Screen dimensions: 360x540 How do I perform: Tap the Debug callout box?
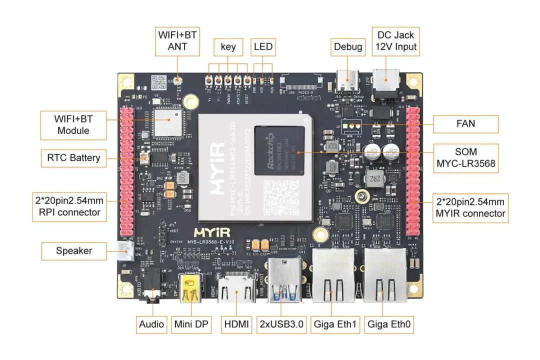click(347, 47)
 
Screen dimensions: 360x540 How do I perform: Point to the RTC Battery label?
click(73, 158)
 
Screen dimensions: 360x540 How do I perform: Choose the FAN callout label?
click(465, 124)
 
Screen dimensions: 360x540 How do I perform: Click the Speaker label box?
click(73, 250)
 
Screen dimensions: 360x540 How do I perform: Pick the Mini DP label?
click(191, 324)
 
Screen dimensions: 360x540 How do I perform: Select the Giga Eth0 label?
click(389, 324)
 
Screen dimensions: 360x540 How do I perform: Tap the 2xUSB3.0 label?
click(281, 324)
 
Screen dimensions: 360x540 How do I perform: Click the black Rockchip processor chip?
click(279, 150)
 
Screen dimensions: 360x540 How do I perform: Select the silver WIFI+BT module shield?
click(168, 122)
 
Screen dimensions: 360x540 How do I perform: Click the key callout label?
click(228, 47)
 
